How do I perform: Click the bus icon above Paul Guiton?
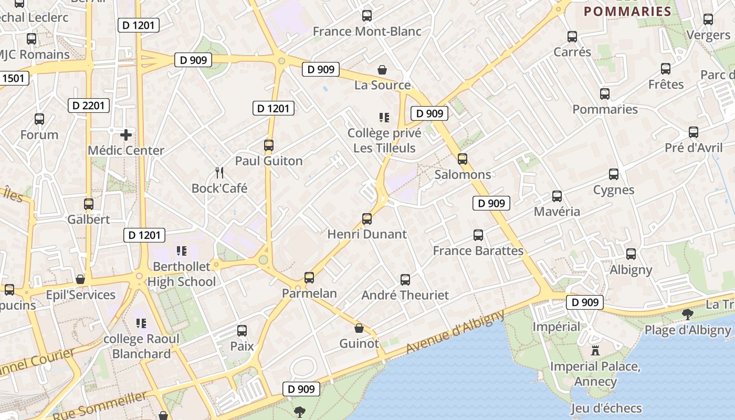tap(269, 145)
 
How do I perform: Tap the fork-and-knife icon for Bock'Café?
tap(219, 172)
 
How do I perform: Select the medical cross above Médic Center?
tap(126, 135)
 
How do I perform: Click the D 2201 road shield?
tap(89, 106)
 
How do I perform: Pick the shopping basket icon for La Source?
tap(383, 69)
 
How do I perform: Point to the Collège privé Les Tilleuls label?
tap(384, 141)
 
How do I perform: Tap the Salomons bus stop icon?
tap(463, 159)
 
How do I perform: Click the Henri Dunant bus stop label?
tap(367, 234)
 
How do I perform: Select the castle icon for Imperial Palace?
tap(595, 351)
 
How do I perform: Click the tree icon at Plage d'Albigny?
tap(687, 314)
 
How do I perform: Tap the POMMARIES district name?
tap(627, 12)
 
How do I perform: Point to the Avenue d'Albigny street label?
tap(455, 332)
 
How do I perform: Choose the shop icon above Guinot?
tap(359, 329)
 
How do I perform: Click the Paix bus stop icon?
tap(241, 331)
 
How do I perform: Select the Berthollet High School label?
tap(182, 274)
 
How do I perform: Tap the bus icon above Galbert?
tap(89, 204)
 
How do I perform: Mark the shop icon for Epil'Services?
tap(80, 279)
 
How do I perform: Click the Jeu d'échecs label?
tap(606, 408)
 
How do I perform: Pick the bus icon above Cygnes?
tap(613, 174)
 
